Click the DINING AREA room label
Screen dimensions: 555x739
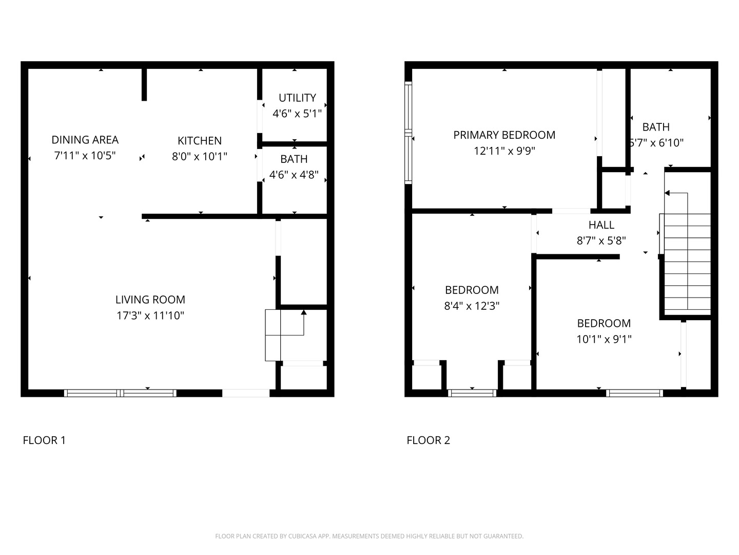pyautogui.click(x=85, y=140)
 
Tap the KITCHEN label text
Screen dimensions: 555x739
pyautogui.click(x=200, y=141)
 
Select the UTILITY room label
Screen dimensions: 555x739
pyautogui.click(x=297, y=98)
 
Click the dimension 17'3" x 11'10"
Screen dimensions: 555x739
pyautogui.click(x=150, y=316)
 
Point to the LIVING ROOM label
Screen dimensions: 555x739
pyautogui.click(x=150, y=300)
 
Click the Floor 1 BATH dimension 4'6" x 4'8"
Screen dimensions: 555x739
pyautogui.click(x=294, y=175)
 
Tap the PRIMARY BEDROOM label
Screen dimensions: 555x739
pyautogui.click(x=504, y=135)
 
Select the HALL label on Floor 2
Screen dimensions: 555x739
pyautogui.click(x=601, y=225)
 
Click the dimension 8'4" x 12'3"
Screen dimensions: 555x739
pyautogui.click(x=472, y=306)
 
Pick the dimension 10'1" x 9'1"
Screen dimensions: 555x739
pyautogui.click(x=604, y=339)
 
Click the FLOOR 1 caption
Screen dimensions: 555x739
pyautogui.click(x=44, y=440)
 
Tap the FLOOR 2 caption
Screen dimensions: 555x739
pyautogui.click(x=428, y=440)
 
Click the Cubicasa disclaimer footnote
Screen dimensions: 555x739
pyautogui.click(x=369, y=536)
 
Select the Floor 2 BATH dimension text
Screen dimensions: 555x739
pyautogui.click(x=657, y=143)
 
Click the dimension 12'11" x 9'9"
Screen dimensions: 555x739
pyautogui.click(x=504, y=151)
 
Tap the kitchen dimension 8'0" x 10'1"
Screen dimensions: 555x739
pyautogui.click(x=200, y=156)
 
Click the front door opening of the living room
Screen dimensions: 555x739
pyautogui.click(x=246, y=393)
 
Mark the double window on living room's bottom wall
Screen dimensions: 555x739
pyautogui.click(x=120, y=393)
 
